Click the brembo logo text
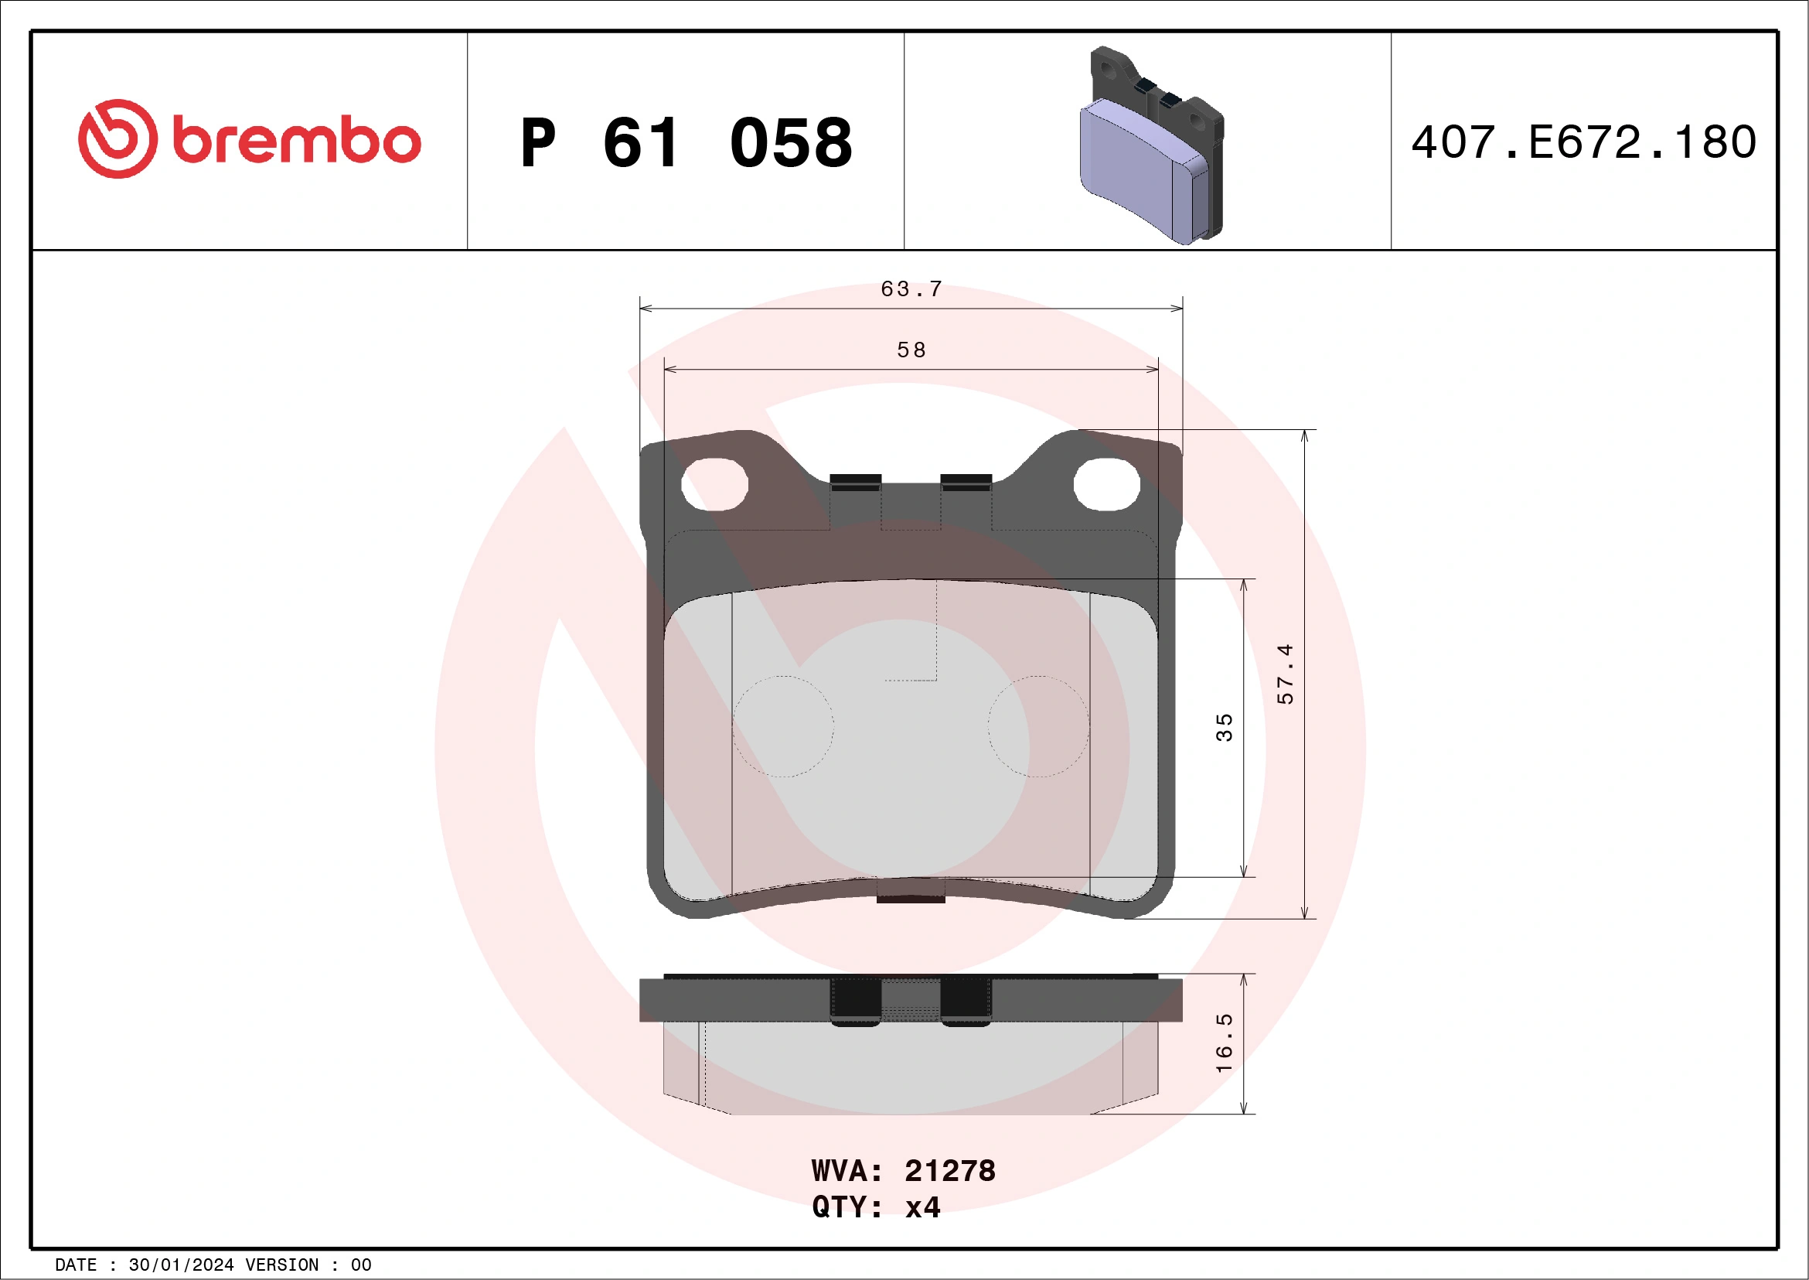[296, 141]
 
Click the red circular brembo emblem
[118, 138]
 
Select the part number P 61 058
[686, 142]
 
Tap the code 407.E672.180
[1583, 142]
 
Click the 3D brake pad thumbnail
[1150, 146]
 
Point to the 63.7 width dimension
[911, 289]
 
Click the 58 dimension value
[911, 350]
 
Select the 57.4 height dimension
[1285, 673]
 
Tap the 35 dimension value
[1224, 728]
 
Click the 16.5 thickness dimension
[1224, 1043]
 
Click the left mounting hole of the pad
[714, 484]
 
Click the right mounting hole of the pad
[1106, 484]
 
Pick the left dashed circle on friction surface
[782, 726]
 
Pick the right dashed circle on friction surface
[1038, 726]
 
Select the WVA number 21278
[949, 1171]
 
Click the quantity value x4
[922, 1207]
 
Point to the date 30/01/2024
[181, 1265]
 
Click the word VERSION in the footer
[282, 1265]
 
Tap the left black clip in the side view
[855, 1000]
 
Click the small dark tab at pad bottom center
[911, 897]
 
